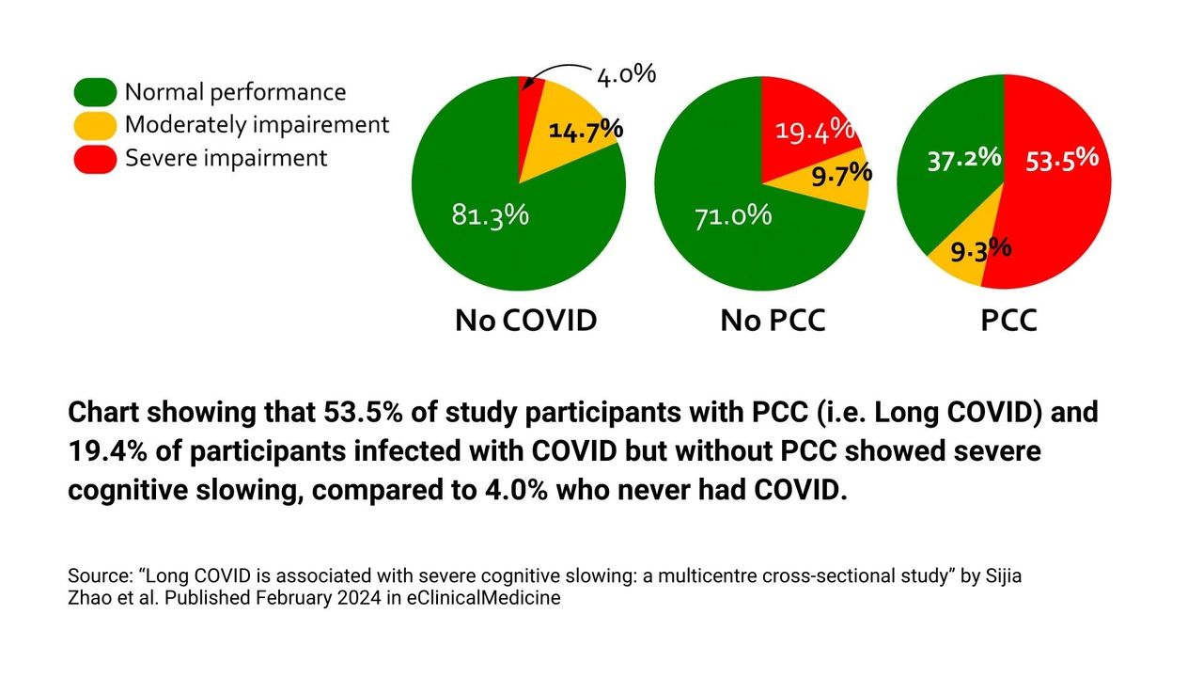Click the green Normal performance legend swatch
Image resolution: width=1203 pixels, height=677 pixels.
[x=95, y=92]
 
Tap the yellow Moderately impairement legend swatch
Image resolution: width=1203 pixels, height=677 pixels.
[x=95, y=125]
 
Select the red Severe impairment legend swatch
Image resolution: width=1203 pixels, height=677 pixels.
[x=95, y=158]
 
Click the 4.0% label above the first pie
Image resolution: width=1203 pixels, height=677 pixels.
[x=626, y=74]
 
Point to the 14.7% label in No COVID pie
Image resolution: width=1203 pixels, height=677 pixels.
[x=586, y=131]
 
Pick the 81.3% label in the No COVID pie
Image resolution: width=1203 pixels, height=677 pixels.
[x=490, y=214]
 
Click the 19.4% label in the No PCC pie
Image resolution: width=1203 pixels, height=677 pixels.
[x=814, y=130]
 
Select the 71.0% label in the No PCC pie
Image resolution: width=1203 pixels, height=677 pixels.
[x=733, y=216]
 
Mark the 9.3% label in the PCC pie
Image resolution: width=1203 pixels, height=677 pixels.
[x=980, y=251]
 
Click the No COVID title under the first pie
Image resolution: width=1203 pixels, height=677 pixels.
[x=525, y=321]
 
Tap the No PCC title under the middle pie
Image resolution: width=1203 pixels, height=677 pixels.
[x=773, y=321]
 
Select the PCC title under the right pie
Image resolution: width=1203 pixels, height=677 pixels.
[x=1008, y=321]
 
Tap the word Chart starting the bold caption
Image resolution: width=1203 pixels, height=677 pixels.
[x=100, y=413]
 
